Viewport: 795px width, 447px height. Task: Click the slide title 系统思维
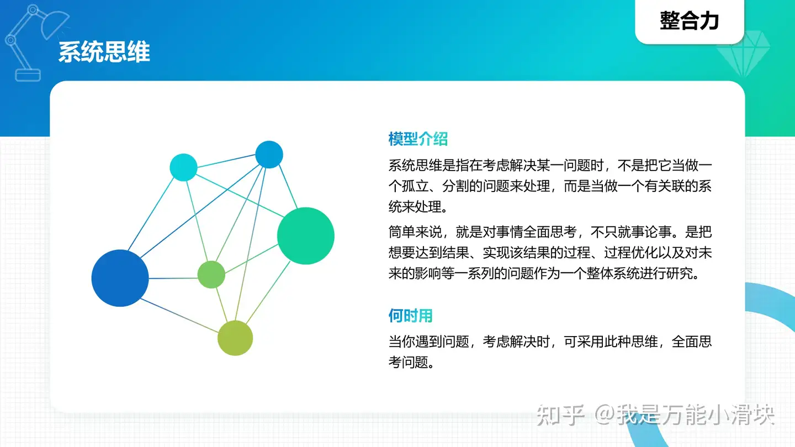[104, 52]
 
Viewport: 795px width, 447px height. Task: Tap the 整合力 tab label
[689, 20]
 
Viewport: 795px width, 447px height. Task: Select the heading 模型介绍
[418, 139]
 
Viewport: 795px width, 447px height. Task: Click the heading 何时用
[410, 316]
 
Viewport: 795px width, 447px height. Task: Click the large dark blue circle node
[120, 278]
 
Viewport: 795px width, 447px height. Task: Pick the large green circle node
[306, 236]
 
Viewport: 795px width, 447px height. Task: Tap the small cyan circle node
[183, 167]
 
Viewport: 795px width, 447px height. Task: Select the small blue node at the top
[269, 155]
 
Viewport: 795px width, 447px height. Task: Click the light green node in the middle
[211, 275]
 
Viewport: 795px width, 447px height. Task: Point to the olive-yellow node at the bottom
[235, 338]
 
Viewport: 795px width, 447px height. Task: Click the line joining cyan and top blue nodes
[226, 161]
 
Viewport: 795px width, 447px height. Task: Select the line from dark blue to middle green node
[173, 278]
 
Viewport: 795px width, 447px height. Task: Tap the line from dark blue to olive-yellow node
[179, 316]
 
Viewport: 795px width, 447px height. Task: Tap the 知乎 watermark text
[560, 415]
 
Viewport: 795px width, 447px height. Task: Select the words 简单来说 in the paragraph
[415, 232]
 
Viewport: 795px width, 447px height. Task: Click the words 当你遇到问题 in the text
[429, 342]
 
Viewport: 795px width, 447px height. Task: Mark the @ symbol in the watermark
[605, 414]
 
